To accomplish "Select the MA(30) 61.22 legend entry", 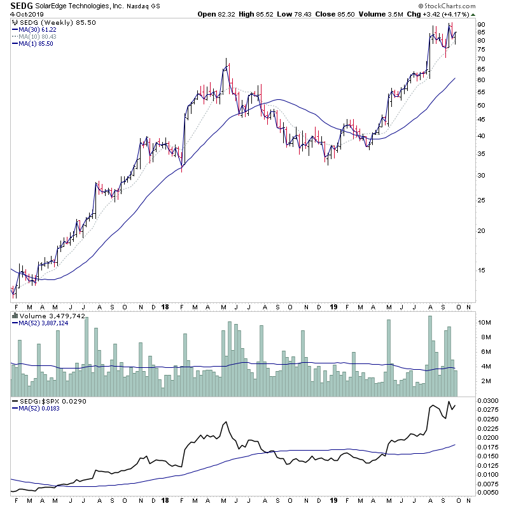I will click(41, 29).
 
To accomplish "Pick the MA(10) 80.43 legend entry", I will click(41, 36).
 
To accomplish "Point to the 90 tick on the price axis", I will click(481, 25).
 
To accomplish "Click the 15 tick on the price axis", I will click(481, 270).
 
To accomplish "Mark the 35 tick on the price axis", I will click(481, 154).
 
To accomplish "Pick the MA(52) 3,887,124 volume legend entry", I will click(45, 323).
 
